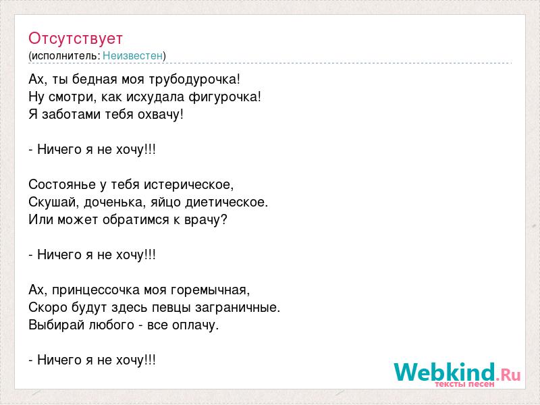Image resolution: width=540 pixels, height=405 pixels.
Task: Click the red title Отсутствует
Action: [76, 38]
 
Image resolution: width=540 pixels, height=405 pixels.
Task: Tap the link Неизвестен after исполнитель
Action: [132, 55]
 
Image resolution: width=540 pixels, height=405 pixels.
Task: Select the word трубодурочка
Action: [194, 80]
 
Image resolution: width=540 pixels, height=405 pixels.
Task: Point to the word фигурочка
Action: [225, 97]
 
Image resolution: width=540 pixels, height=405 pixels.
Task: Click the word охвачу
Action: [161, 115]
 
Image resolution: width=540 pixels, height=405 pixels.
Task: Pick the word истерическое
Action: [189, 185]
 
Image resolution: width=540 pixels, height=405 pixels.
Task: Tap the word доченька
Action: [115, 202]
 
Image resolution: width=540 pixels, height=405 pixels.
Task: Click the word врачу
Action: [206, 220]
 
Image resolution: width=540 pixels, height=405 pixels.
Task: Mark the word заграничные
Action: [238, 308]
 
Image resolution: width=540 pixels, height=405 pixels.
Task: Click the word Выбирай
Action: [57, 325]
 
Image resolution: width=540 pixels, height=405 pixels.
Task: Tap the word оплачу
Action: [195, 325]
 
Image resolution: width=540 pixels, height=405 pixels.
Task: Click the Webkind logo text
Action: [445, 372]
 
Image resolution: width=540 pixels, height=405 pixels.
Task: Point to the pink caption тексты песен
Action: [464, 384]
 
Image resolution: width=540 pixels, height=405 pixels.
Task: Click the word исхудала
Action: [155, 97]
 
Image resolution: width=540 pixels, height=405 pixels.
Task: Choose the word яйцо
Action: [166, 202]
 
